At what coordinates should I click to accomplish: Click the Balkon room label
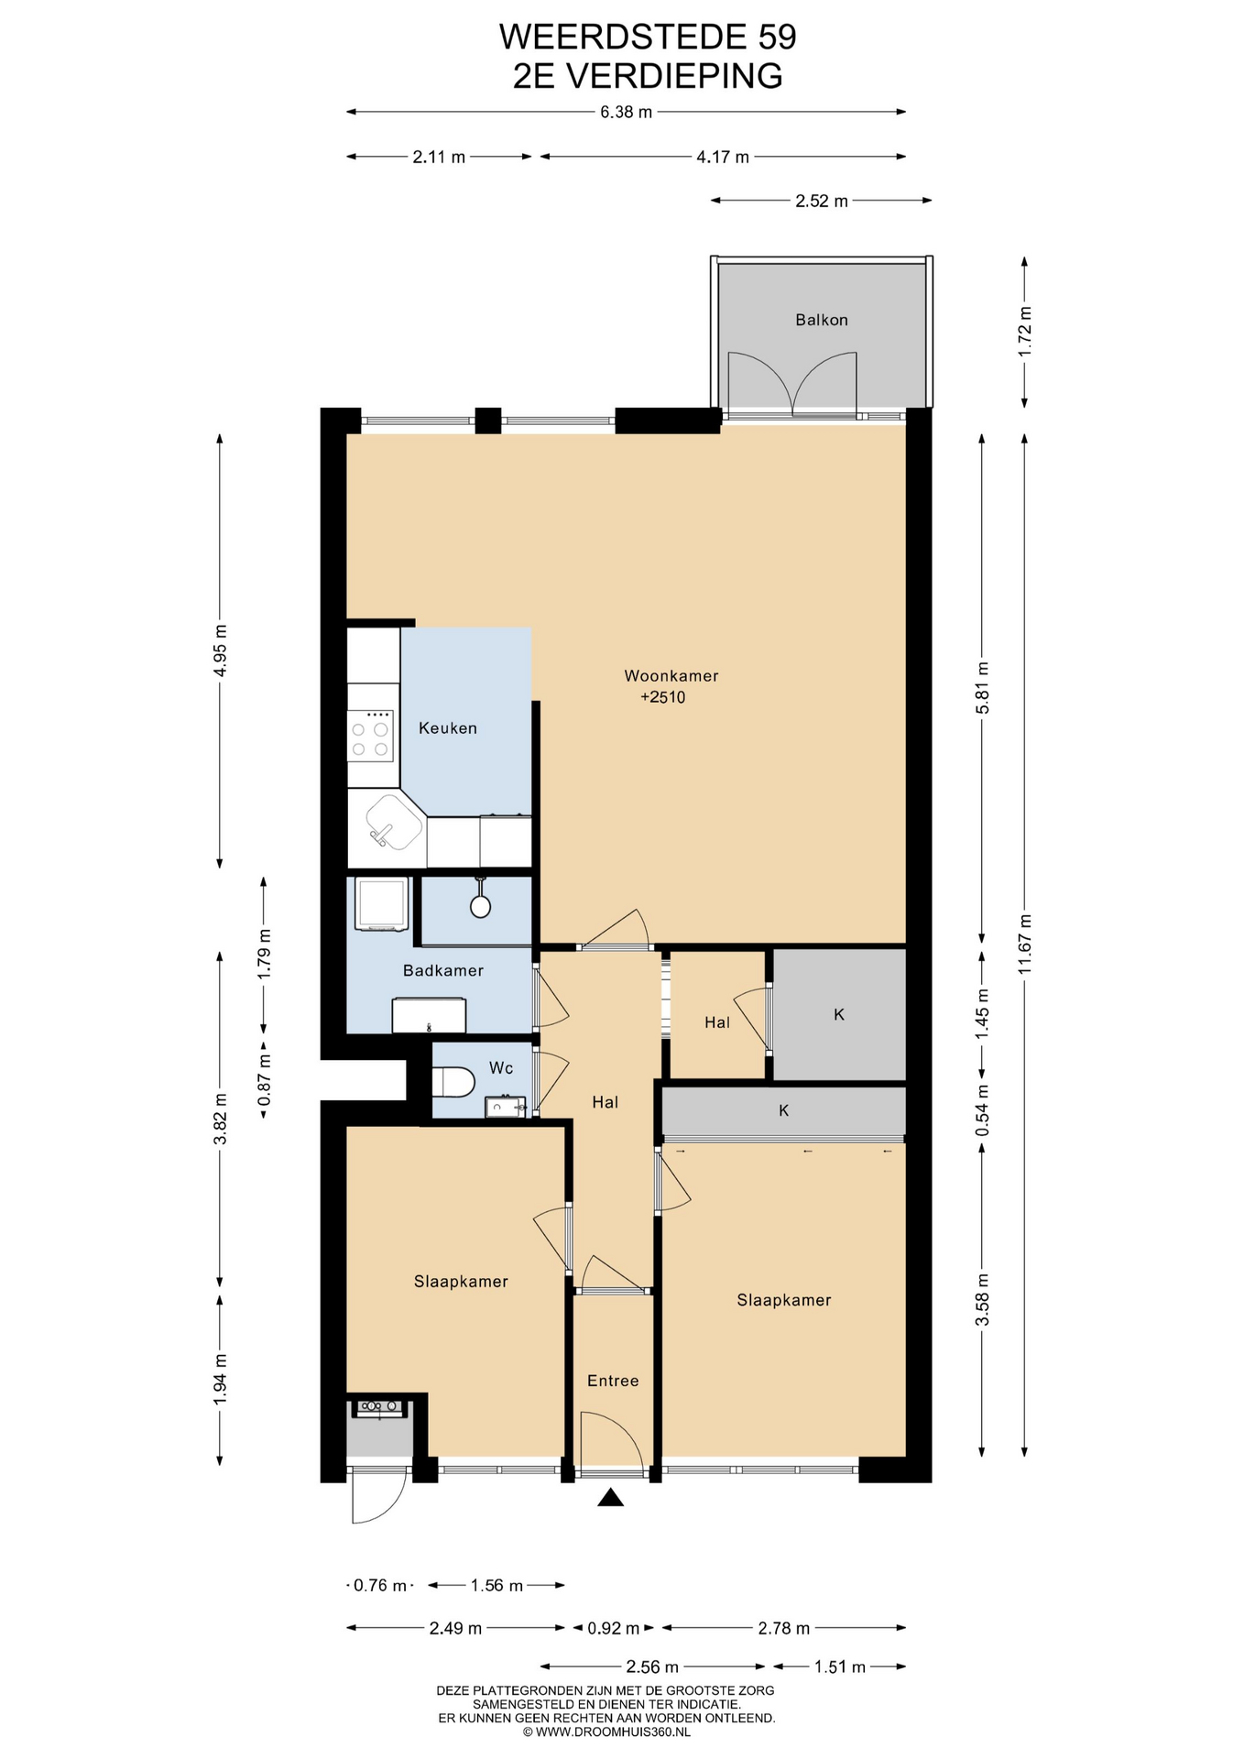pyautogui.click(x=821, y=320)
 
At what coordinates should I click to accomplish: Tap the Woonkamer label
pyautogui.click(x=671, y=676)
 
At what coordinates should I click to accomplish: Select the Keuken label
pyautogui.click(x=448, y=728)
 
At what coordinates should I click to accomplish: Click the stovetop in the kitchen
pyautogui.click(x=371, y=737)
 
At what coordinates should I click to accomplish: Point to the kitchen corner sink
pyautogui.click(x=388, y=824)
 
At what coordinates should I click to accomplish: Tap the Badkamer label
pyautogui.click(x=443, y=970)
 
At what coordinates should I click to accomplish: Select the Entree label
pyautogui.click(x=613, y=1381)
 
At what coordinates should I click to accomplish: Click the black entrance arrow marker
pyautogui.click(x=611, y=1497)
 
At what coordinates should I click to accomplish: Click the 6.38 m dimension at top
pyautogui.click(x=627, y=112)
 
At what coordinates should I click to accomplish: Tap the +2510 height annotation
pyautogui.click(x=663, y=697)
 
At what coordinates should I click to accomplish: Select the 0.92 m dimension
pyautogui.click(x=613, y=1628)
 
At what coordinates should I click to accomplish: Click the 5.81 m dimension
pyautogui.click(x=982, y=688)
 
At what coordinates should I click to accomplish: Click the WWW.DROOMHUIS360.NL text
pyautogui.click(x=613, y=1732)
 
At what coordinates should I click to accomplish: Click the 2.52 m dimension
pyautogui.click(x=822, y=201)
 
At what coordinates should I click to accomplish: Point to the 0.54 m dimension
pyautogui.click(x=982, y=1110)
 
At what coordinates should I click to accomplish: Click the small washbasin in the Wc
pyautogui.click(x=504, y=1107)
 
